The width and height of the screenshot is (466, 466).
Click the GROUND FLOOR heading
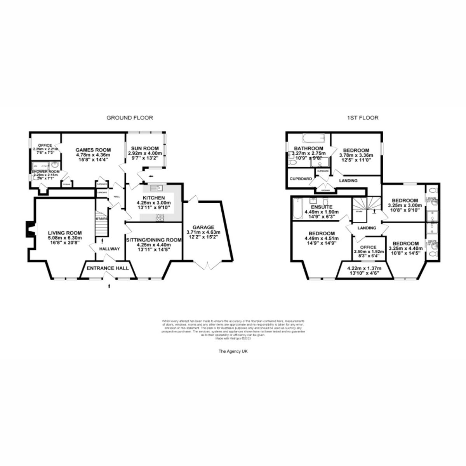[x=130, y=117]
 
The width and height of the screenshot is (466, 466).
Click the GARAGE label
[x=203, y=227]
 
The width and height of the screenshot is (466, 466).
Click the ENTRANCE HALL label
[x=108, y=268]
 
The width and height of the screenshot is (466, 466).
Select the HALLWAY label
[x=109, y=249]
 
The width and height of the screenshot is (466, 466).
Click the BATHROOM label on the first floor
[x=308, y=149]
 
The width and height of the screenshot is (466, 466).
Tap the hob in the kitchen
[x=160, y=217]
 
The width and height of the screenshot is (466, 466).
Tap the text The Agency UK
[x=233, y=351]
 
